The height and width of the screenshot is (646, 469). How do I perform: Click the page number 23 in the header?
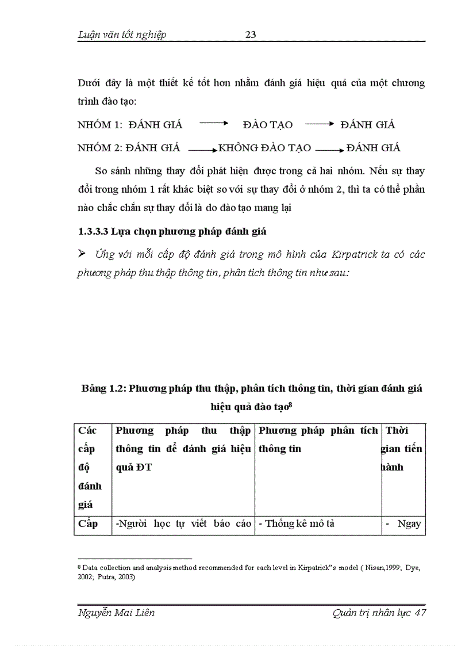point(251,35)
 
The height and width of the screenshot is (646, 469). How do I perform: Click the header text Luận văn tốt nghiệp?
point(122,35)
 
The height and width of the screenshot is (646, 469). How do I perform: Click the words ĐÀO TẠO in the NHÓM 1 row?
point(268,125)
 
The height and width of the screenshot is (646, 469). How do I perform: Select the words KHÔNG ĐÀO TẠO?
point(265,148)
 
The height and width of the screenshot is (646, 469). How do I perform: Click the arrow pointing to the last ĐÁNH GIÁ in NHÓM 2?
point(330,149)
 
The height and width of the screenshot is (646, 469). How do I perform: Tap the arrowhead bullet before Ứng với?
point(82,254)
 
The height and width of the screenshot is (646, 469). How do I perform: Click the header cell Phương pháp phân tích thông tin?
point(318,439)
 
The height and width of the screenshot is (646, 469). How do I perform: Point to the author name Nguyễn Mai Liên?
point(116,613)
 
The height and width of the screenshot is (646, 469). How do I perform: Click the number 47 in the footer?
point(420,613)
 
